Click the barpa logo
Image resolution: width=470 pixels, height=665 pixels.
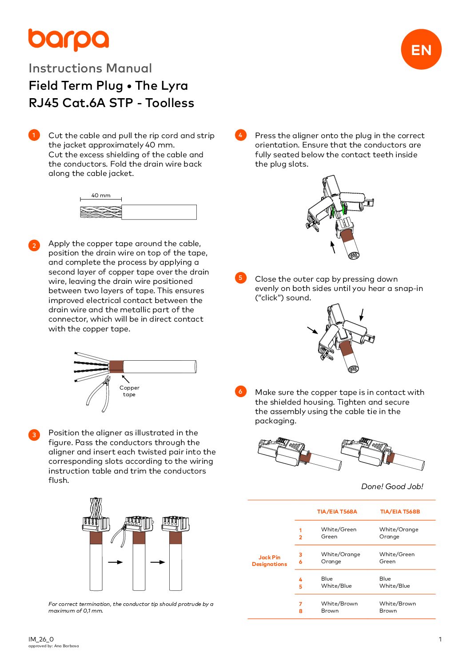pyautogui.click(x=68, y=40)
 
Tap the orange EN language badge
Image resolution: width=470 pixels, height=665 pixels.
pyautogui.click(x=421, y=49)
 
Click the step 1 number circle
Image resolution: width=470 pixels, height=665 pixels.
pyautogui.click(x=34, y=135)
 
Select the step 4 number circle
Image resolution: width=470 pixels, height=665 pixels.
pyautogui.click(x=240, y=135)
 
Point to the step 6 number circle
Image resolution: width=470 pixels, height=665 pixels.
pyautogui.click(x=240, y=391)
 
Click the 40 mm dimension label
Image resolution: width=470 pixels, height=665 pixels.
pyautogui.click(x=101, y=195)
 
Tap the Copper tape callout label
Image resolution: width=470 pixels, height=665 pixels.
pyautogui.click(x=129, y=391)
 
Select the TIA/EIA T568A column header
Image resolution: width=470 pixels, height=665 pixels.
pyautogui.click(x=337, y=511)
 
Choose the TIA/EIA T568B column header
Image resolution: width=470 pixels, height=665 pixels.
pyautogui.click(x=400, y=511)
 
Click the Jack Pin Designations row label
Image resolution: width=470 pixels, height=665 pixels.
pyautogui.click(x=270, y=561)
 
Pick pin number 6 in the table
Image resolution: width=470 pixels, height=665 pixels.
pyautogui.click(x=301, y=562)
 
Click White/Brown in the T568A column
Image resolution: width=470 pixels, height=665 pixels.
pyautogui.click(x=339, y=604)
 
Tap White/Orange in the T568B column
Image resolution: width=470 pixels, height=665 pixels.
pyautogui.click(x=398, y=530)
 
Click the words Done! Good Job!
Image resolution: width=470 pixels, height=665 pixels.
pyautogui.click(x=392, y=486)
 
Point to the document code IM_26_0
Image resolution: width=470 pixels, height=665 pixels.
pyautogui.click(x=41, y=639)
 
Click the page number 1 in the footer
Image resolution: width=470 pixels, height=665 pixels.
pyautogui.click(x=440, y=639)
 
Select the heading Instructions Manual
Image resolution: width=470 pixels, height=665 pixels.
pyautogui.click(x=90, y=68)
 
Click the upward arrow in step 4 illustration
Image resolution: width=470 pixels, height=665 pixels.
pyautogui.click(x=333, y=247)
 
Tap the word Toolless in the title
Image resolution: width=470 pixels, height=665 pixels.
pyautogui.click(x=170, y=103)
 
